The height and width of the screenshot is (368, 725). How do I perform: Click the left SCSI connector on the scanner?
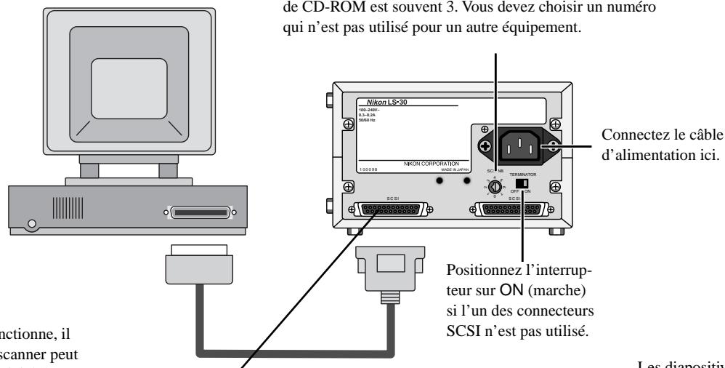[390, 209]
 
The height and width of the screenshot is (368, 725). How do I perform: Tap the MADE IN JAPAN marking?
[443, 170]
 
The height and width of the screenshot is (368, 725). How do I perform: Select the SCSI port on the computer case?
[201, 214]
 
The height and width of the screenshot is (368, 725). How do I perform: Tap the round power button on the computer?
[30, 223]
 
